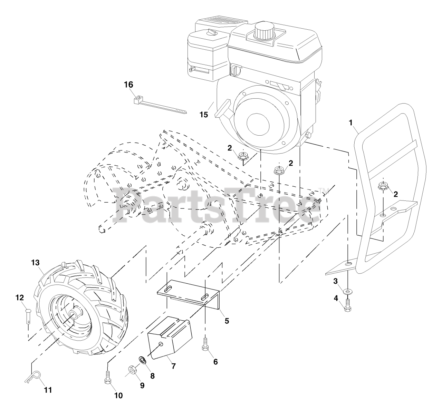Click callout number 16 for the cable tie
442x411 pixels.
pyautogui.click(x=128, y=85)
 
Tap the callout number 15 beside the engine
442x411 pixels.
pyautogui.click(x=204, y=114)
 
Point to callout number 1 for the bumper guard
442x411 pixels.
pyautogui.click(x=351, y=122)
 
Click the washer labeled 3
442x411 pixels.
pyautogui.click(x=347, y=292)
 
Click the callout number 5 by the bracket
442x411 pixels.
pyautogui.click(x=227, y=321)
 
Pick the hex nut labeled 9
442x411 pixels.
pyautogui.click(x=132, y=371)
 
